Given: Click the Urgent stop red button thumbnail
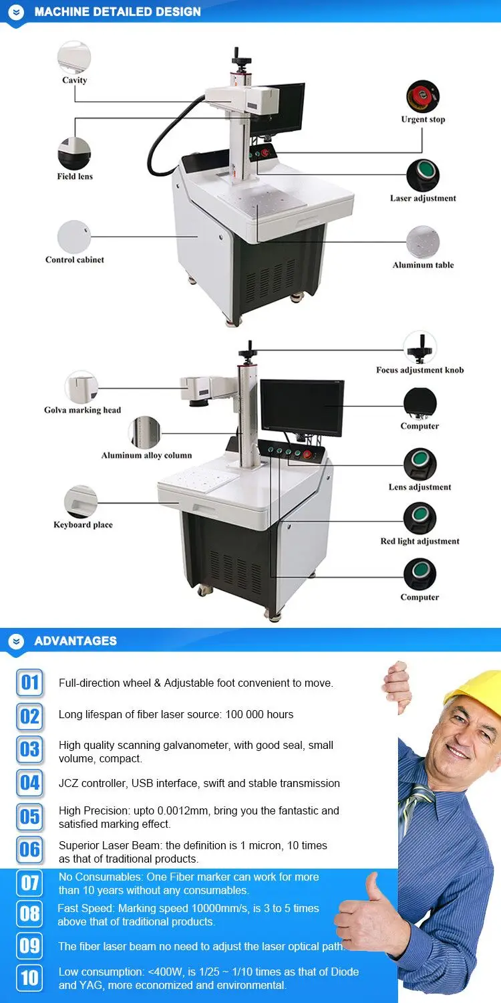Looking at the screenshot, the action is click(x=423, y=97).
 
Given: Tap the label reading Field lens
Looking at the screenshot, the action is click(x=75, y=177).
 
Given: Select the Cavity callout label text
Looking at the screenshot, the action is click(x=75, y=80).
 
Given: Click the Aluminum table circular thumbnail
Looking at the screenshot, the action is click(x=423, y=242).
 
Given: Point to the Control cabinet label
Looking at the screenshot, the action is click(x=75, y=259).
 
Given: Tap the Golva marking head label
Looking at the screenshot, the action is click(x=83, y=410).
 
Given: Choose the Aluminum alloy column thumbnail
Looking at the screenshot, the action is click(x=145, y=433).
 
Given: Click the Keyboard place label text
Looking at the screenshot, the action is click(x=83, y=525).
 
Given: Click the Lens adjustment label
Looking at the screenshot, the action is click(x=420, y=487).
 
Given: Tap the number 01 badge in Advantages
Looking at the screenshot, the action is click(x=30, y=683).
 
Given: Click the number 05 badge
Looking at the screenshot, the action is click(x=30, y=816).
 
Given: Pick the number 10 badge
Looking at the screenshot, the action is click(x=30, y=978).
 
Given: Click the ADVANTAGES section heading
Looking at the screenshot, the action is click(x=75, y=641).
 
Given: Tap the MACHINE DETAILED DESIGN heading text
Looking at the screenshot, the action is click(x=118, y=11).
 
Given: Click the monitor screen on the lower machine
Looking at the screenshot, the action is click(x=302, y=405).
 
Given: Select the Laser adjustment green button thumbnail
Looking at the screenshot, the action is click(x=423, y=175).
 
